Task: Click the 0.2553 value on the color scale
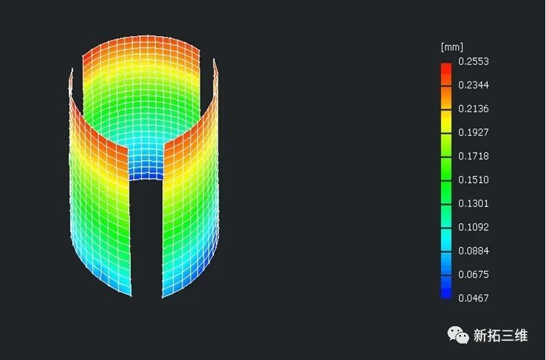pyautogui.click(x=473, y=61)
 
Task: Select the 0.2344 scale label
pyautogui.click(x=473, y=85)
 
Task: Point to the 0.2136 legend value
pyautogui.click(x=473, y=109)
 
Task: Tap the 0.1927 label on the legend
pyautogui.click(x=473, y=132)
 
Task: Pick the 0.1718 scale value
pyautogui.click(x=473, y=156)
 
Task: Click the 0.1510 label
pyautogui.click(x=473, y=180)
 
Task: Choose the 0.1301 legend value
pyautogui.click(x=473, y=203)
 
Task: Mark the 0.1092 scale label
pyautogui.click(x=473, y=227)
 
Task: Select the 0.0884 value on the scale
pyautogui.click(x=473, y=251)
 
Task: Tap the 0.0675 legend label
pyautogui.click(x=473, y=274)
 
